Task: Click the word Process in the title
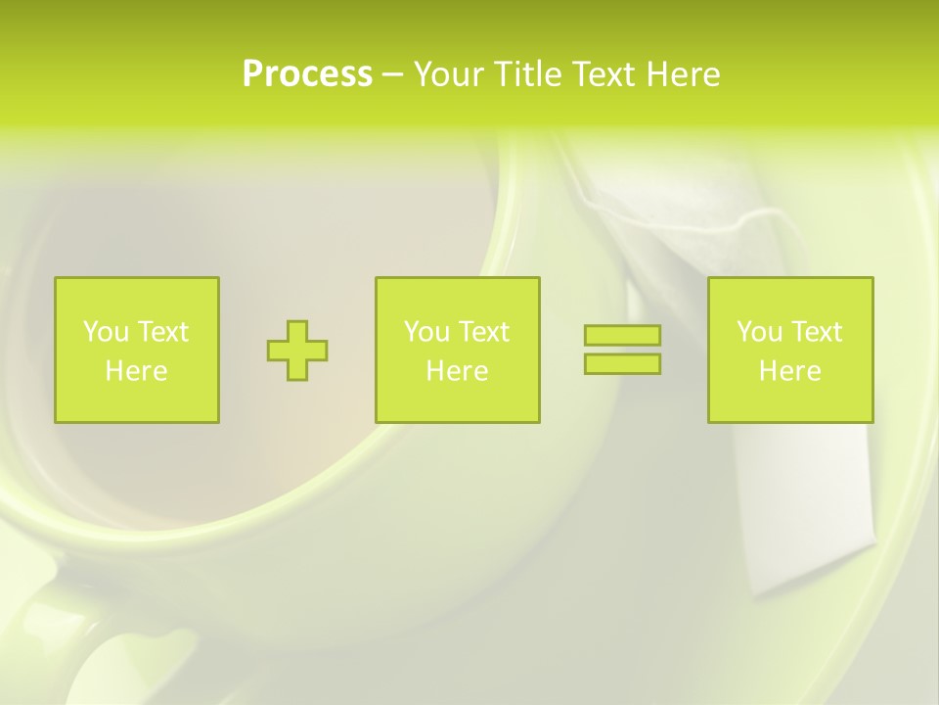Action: (307, 74)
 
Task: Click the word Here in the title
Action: (683, 74)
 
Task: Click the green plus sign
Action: (297, 351)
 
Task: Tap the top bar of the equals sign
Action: (622, 336)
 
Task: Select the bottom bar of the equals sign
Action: (622, 363)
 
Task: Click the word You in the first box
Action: (107, 332)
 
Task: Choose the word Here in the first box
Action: (136, 371)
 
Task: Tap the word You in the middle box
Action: (427, 332)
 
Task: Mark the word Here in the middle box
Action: (457, 371)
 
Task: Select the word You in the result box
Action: (760, 332)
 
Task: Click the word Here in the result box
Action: (789, 371)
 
